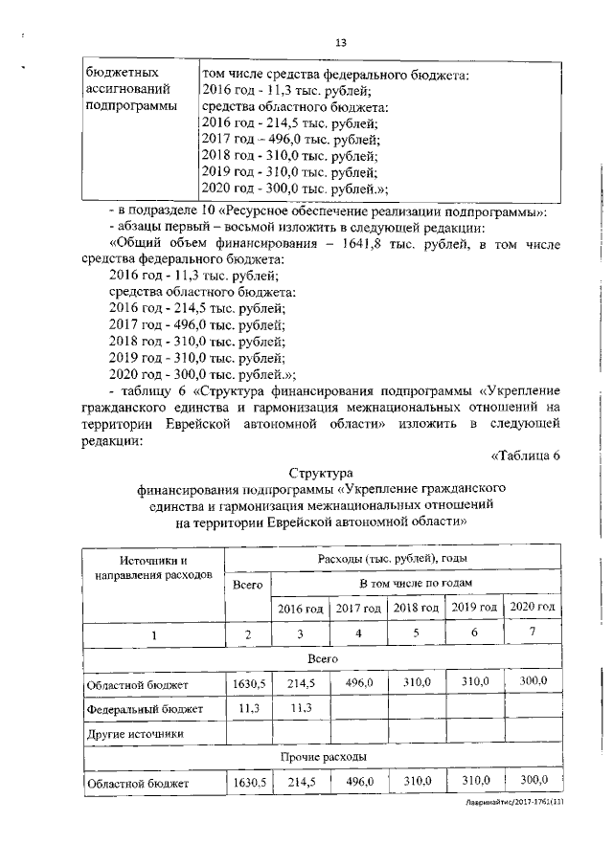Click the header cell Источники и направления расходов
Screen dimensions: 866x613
[153, 567]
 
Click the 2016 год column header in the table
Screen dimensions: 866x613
[301, 609]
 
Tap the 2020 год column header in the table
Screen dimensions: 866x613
[532, 608]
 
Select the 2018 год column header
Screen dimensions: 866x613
[416, 608]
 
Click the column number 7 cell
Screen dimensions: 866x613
[532, 633]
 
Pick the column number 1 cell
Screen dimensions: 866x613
[153, 634]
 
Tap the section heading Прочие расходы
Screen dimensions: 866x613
[320, 757]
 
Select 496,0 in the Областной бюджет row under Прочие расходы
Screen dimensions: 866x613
[357, 782]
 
